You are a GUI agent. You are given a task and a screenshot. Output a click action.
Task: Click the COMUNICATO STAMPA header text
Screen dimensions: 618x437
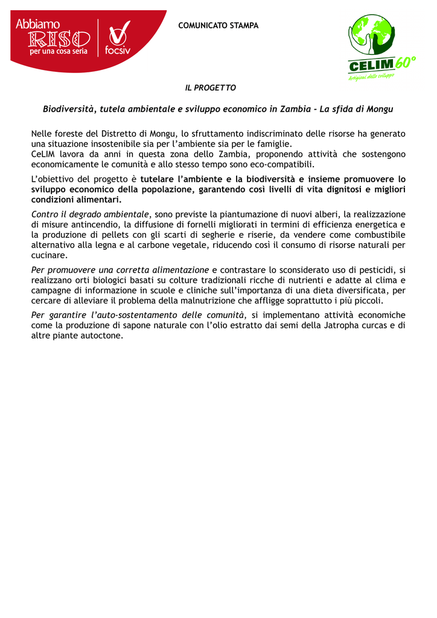[218, 26]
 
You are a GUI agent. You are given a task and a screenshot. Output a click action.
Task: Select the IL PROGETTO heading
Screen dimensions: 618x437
[210, 88]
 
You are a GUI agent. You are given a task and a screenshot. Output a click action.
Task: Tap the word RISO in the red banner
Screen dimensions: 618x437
[59, 40]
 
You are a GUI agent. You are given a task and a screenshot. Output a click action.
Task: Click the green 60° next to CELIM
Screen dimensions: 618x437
[405, 63]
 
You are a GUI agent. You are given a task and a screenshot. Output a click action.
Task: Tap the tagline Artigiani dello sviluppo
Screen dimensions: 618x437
[371, 77]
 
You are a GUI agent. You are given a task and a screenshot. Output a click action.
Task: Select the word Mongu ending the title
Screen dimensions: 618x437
[380, 110]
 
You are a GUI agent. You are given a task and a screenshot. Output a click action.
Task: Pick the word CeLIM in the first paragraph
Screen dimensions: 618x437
[44, 154]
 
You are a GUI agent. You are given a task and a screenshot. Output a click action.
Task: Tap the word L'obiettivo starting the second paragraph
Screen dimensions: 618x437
[54, 179]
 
